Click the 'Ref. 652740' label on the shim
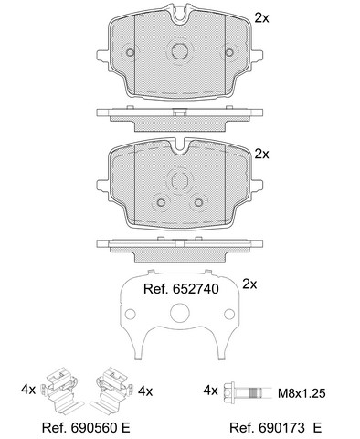point(181,289)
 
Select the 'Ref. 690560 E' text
point(86,428)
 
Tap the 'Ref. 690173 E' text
point(275,428)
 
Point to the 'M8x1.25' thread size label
point(302,393)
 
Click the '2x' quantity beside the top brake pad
point(261,18)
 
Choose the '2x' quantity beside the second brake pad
point(261,155)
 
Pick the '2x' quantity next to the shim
point(249,284)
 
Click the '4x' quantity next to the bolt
point(211,391)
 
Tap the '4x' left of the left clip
point(28,390)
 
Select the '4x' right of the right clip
point(145,391)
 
